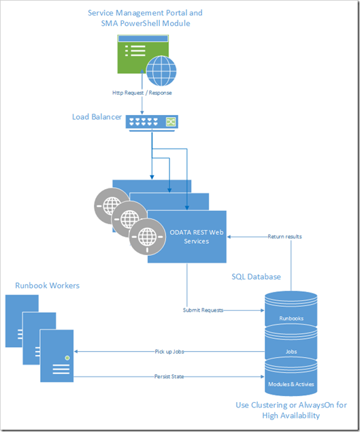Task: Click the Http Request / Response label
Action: point(142,92)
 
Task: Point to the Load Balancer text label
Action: point(97,117)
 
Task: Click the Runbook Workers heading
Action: point(47,285)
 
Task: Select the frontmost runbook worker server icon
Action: point(56,357)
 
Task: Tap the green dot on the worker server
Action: point(67,357)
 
